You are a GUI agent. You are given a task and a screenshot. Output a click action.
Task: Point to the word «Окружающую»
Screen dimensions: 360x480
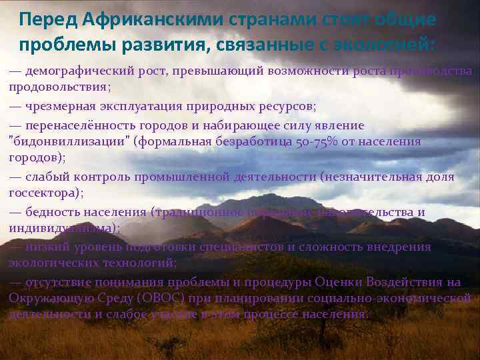click(x=51, y=298)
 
